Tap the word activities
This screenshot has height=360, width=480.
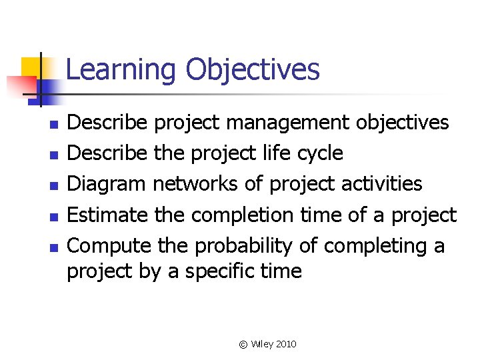tap(380, 184)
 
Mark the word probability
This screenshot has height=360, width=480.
tap(243, 246)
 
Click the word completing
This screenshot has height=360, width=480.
tap(375, 246)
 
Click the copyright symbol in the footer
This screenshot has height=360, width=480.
tap(243, 344)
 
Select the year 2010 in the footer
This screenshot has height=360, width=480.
tap(285, 344)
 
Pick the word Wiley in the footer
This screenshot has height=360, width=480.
tap(261, 344)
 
